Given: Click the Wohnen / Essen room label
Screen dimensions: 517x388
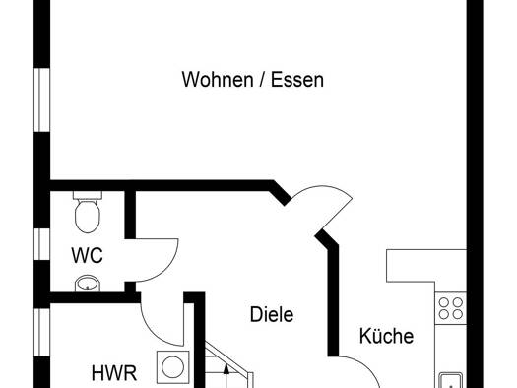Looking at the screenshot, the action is click(x=253, y=80).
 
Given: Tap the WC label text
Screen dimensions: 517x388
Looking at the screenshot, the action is click(x=87, y=255).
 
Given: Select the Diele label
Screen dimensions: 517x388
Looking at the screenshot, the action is click(x=272, y=314).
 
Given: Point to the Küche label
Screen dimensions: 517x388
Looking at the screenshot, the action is click(x=386, y=336).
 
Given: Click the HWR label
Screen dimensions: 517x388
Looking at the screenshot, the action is click(x=114, y=373).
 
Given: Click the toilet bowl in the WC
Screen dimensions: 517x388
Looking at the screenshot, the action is click(x=88, y=216).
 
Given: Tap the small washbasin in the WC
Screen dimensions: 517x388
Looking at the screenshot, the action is click(x=88, y=284).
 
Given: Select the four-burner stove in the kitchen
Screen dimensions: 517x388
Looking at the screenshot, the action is click(x=450, y=308).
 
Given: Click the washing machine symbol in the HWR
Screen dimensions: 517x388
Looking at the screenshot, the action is click(x=173, y=367).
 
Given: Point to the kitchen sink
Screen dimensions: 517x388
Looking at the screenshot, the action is click(x=451, y=380).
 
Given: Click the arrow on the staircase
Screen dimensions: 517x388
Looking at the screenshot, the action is click(x=226, y=376).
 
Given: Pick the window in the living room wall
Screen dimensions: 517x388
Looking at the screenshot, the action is click(x=42, y=99).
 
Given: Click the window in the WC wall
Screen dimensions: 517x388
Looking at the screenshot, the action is click(x=42, y=244).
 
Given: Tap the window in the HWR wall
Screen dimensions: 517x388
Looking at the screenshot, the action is click(x=42, y=332).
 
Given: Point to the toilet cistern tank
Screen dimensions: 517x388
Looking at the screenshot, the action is click(x=88, y=195).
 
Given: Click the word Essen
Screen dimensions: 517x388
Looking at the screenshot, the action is click(x=297, y=80).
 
